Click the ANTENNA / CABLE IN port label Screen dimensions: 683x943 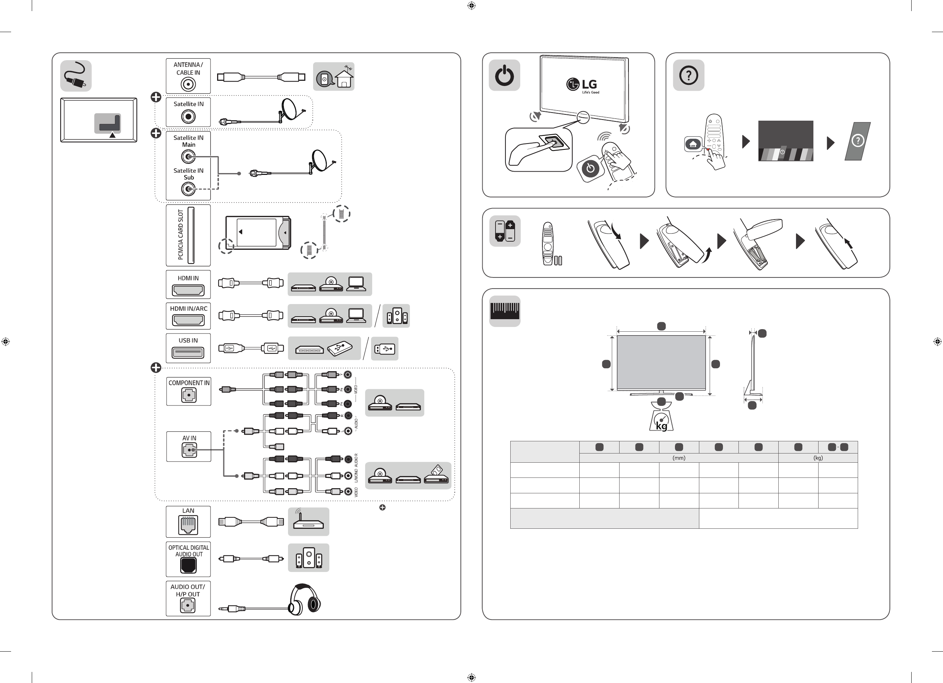(x=188, y=69)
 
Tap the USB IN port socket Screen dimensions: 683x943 (x=188, y=353)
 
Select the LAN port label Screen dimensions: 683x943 (x=188, y=511)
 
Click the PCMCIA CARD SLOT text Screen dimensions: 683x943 (x=181, y=235)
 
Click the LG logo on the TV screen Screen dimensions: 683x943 (x=582, y=85)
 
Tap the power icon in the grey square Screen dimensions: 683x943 (x=504, y=75)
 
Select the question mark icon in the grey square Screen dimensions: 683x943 (x=689, y=75)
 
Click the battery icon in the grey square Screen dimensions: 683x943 (x=505, y=231)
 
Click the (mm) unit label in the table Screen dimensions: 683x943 (x=679, y=458)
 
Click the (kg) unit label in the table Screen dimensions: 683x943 (x=818, y=458)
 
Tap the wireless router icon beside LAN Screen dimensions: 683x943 (x=308, y=521)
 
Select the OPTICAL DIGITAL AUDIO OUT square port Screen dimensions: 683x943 (x=188, y=565)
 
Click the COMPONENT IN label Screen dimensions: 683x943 (x=189, y=383)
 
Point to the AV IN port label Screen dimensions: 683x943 (x=189, y=438)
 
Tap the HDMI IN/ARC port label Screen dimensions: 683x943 (x=188, y=308)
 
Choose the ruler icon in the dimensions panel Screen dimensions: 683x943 (x=505, y=311)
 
